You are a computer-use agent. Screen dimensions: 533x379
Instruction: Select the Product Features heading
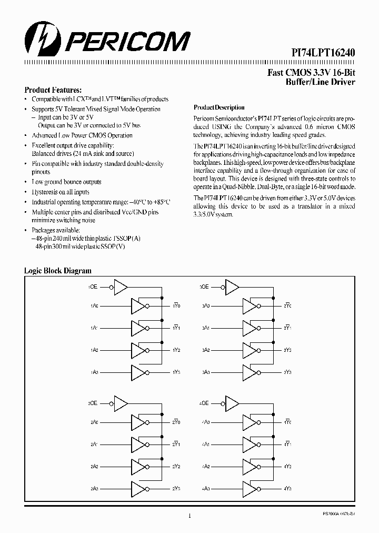click(53, 90)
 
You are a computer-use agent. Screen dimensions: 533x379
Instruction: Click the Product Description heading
click(220, 107)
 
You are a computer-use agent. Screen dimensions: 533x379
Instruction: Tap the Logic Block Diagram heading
click(58, 271)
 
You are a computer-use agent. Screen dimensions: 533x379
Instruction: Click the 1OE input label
click(93, 287)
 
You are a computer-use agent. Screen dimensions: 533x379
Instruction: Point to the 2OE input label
click(93, 403)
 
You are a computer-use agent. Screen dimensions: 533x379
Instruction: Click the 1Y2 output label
click(176, 350)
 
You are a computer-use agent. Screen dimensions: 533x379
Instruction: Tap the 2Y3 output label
click(176, 488)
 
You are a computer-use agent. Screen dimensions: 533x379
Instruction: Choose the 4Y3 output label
click(287, 488)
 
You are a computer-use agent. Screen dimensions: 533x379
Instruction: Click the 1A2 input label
click(94, 350)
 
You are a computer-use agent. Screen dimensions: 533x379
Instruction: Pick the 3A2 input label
click(206, 350)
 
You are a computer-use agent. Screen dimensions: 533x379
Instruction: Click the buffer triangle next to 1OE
click(120, 287)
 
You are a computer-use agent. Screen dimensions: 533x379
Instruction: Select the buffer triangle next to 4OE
click(231, 403)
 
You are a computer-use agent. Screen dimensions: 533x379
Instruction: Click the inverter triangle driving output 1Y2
click(138, 350)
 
